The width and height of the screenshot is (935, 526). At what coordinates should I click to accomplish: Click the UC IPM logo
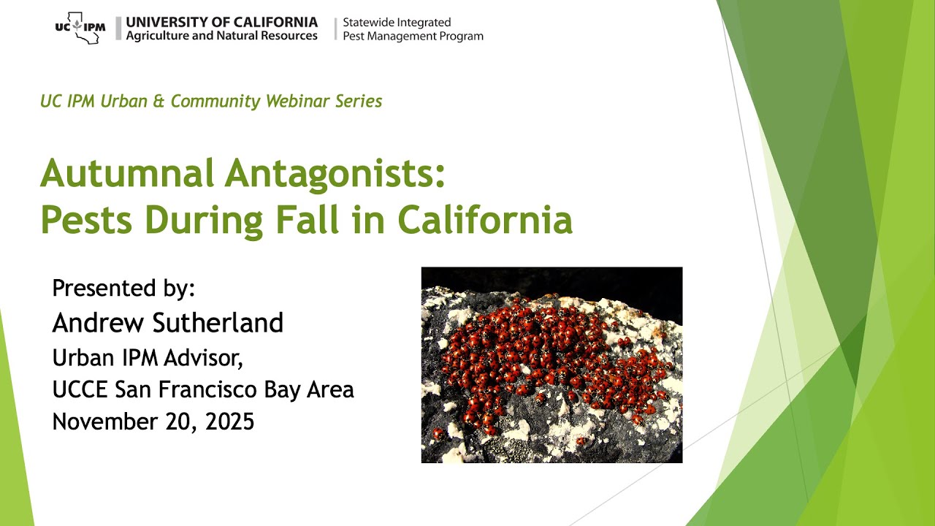(x=80, y=28)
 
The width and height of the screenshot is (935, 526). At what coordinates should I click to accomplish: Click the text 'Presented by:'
(x=123, y=288)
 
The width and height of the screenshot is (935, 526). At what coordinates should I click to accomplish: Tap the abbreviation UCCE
(x=80, y=389)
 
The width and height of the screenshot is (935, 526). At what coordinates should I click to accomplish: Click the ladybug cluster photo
(x=552, y=365)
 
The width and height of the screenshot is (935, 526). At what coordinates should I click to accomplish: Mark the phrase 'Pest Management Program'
(x=413, y=36)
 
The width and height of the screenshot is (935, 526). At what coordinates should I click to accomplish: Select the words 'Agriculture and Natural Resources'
(x=221, y=36)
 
